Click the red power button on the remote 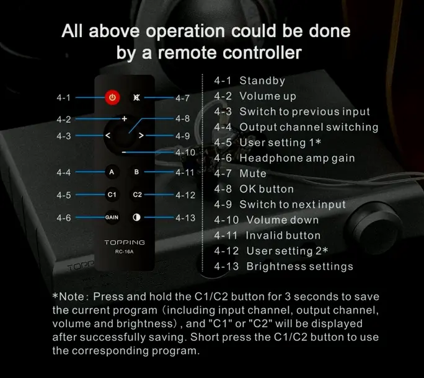click(112, 97)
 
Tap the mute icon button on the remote click(136, 97)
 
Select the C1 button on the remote click(112, 195)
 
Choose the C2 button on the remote click(137, 195)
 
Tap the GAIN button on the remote click(112, 218)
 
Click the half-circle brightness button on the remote click(136, 218)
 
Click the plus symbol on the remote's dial click(124, 118)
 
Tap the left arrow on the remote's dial click(108, 135)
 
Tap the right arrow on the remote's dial click(141, 135)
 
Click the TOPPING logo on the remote click(125, 242)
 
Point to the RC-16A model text click(125, 252)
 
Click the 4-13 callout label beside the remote click(185, 218)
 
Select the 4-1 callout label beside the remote click(63, 97)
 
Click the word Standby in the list click(262, 81)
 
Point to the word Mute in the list click(253, 174)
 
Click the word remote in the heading click(187, 53)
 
